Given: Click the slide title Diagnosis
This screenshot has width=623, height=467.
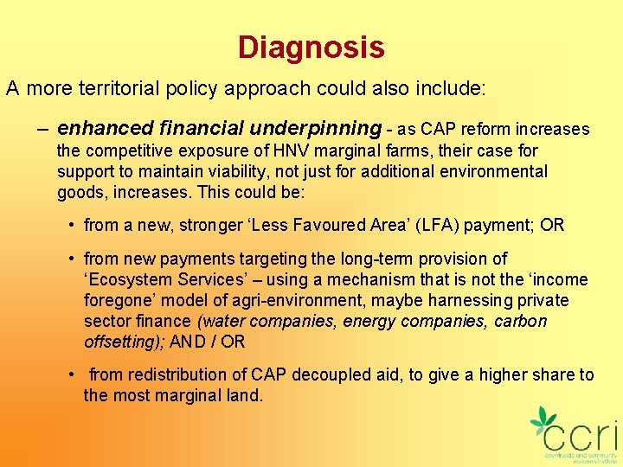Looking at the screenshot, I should [311, 47].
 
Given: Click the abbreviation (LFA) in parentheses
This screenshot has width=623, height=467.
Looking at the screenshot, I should [434, 226].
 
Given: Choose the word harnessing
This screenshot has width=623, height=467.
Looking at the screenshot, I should [453, 300].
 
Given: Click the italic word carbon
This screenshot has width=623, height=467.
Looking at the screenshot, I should [519, 321].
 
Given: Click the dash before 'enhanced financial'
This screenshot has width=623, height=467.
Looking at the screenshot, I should [42, 130].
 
